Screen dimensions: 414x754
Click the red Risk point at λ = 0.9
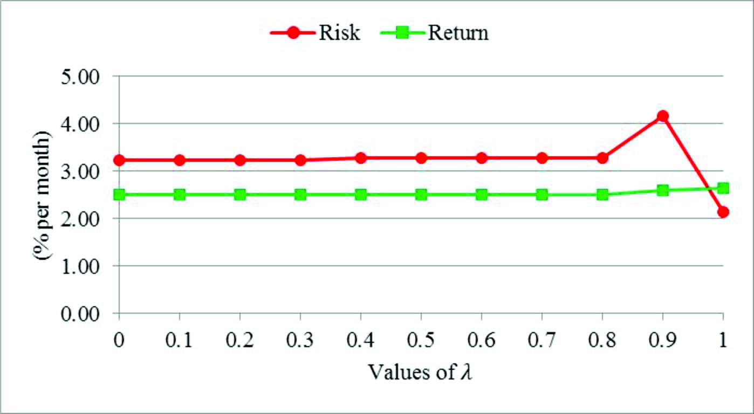pos(663,116)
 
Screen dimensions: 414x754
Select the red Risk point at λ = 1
pos(723,212)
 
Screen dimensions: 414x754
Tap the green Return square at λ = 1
pos(723,188)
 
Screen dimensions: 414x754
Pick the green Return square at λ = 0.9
pos(663,190)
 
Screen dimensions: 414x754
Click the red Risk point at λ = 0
pos(119,160)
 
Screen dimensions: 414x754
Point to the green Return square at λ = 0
pos(119,195)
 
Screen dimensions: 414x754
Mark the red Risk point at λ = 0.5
pos(421,158)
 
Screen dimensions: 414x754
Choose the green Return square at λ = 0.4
pos(361,195)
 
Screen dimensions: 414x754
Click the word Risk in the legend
pos(339,33)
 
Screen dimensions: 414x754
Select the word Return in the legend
pos(458,33)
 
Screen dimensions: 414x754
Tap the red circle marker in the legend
pos(293,33)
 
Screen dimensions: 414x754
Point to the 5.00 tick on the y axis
pos(86,76)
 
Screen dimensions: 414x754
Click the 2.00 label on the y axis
pos(86,218)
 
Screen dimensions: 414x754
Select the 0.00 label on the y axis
pos(86,313)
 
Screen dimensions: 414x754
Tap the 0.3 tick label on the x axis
pos(300,342)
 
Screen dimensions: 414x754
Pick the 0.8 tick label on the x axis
pos(602,342)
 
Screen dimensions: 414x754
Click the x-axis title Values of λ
pos(421,372)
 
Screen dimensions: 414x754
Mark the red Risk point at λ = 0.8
pos(602,158)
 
